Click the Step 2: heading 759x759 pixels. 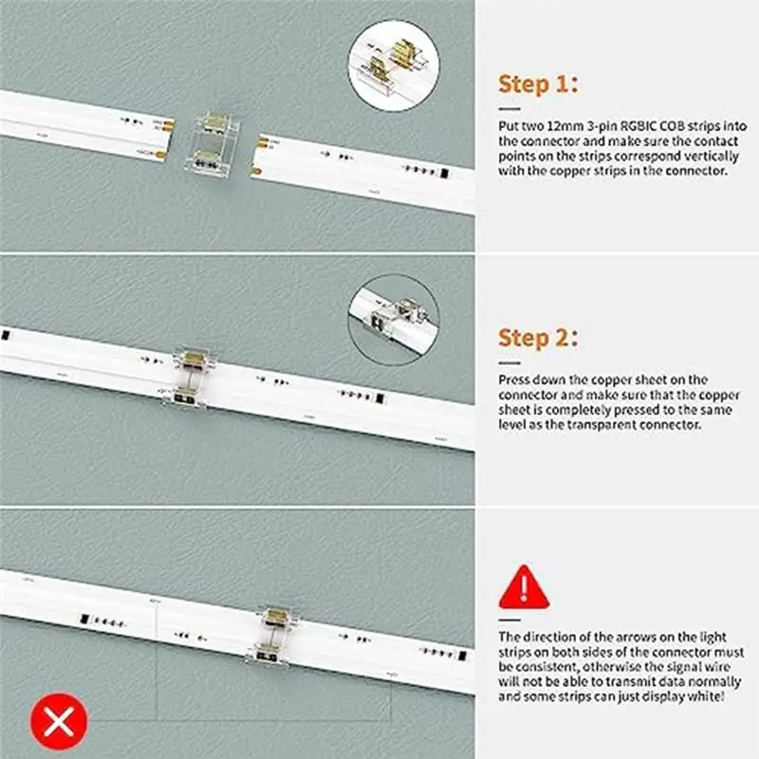pos(537,338)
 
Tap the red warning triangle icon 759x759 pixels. pos(524,587)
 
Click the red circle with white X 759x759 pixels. pos(60,722)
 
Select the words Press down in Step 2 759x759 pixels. pos(531,379)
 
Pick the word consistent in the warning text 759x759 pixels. pos(542,667)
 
